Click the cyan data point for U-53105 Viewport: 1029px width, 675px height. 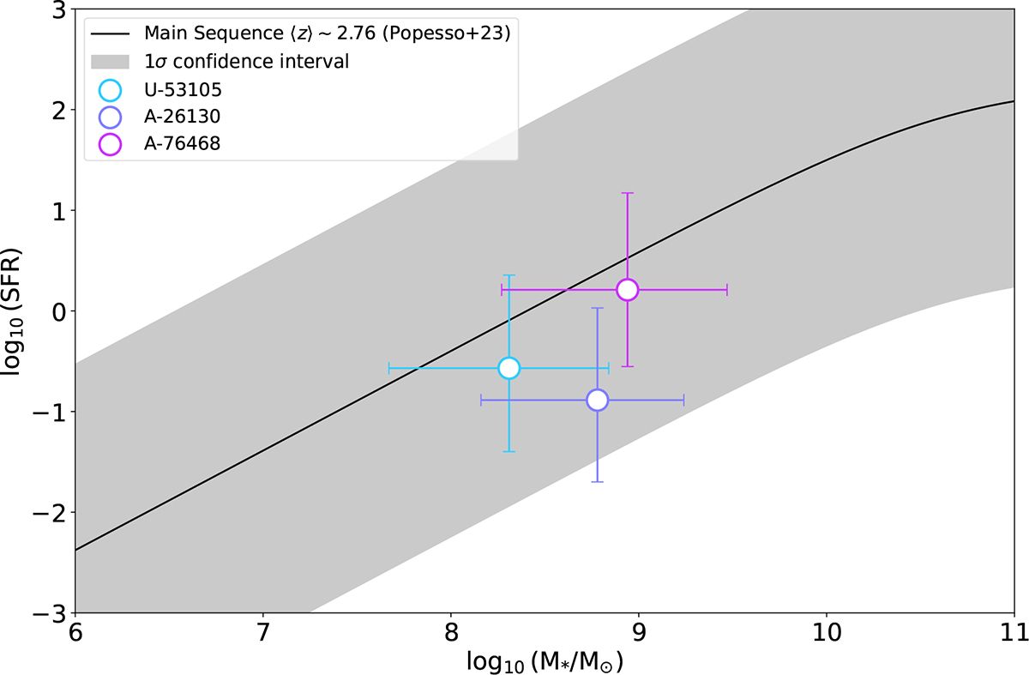pos(509,368)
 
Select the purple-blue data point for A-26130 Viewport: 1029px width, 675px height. pos(598,400)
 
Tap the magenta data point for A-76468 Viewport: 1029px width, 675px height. pos(628,290)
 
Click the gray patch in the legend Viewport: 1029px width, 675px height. pos(111,62)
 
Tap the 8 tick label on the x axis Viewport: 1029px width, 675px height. pos(450,636)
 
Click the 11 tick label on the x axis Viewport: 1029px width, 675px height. pos(1014,636)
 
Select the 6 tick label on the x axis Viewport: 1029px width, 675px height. pos(75,636)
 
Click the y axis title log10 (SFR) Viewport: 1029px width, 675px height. pos(19,310)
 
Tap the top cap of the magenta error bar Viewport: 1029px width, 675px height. pos(628,193)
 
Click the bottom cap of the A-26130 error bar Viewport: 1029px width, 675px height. pos(598,482)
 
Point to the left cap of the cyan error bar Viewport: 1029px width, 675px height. pos(389,368)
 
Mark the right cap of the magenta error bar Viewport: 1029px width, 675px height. pos(727,290)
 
